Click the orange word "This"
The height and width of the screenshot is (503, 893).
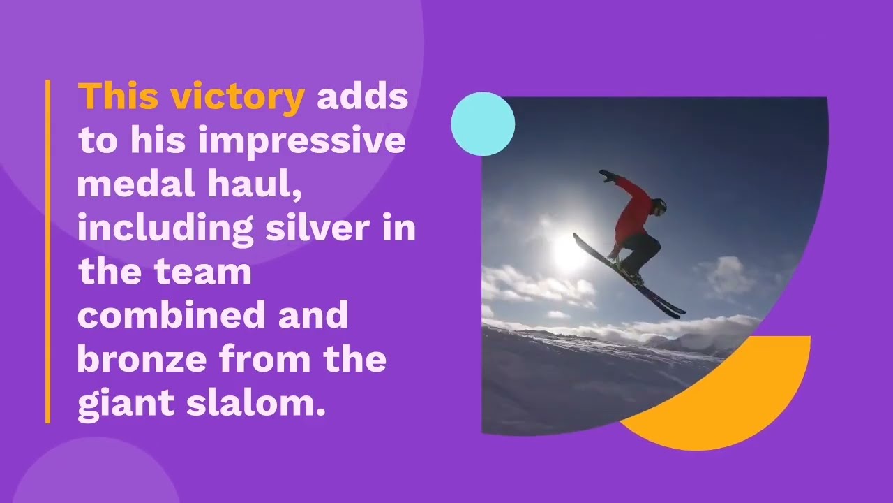[118, 96]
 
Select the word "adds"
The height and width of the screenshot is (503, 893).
[362, 96]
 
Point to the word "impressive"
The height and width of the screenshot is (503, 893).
[301, 142]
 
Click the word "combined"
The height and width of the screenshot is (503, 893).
[172, 316]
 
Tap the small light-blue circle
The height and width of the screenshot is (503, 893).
[483, 124]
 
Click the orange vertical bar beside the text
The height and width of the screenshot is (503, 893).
[48, 251]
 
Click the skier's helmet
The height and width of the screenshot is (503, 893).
[659, 205]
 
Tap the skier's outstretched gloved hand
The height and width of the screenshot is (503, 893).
[606, 175]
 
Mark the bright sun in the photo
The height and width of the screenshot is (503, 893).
[569, 253]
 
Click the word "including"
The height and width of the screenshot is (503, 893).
[165, 229]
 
